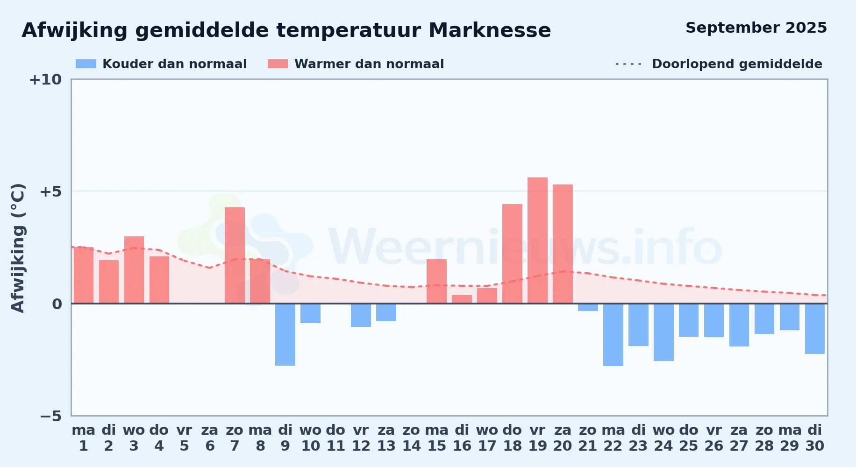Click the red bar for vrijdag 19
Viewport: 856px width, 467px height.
coord(537,241)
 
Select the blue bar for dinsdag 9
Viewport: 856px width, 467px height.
coord(285,334)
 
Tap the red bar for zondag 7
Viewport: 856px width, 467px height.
coord(235,255)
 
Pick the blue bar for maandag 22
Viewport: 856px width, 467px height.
coord(613,335)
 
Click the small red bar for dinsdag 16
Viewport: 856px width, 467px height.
coord(462,299)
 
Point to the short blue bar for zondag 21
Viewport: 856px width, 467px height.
coord(588,307)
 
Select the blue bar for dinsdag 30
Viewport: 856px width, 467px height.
coord(815,329)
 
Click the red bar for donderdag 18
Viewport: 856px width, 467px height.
coord(512,254)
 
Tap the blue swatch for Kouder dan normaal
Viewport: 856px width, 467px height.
coord(86,64)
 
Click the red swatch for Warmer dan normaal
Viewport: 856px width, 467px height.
coord(278,64)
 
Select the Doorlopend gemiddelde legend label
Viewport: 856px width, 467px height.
coord(737,64)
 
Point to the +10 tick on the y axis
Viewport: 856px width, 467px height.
coord(45,79)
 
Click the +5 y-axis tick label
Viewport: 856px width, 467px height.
coord(50,191)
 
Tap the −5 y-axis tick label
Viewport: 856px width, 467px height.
coord(50,416)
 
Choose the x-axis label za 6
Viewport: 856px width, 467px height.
coord(210,438)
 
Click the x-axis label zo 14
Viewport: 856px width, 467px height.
coord(411,438)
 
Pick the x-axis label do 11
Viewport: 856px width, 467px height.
coord(335,438)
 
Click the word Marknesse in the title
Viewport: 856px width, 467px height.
coord(490,30)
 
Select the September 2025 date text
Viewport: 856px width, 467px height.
coord(756,28)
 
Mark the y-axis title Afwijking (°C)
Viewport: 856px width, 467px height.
coord(18,248)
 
